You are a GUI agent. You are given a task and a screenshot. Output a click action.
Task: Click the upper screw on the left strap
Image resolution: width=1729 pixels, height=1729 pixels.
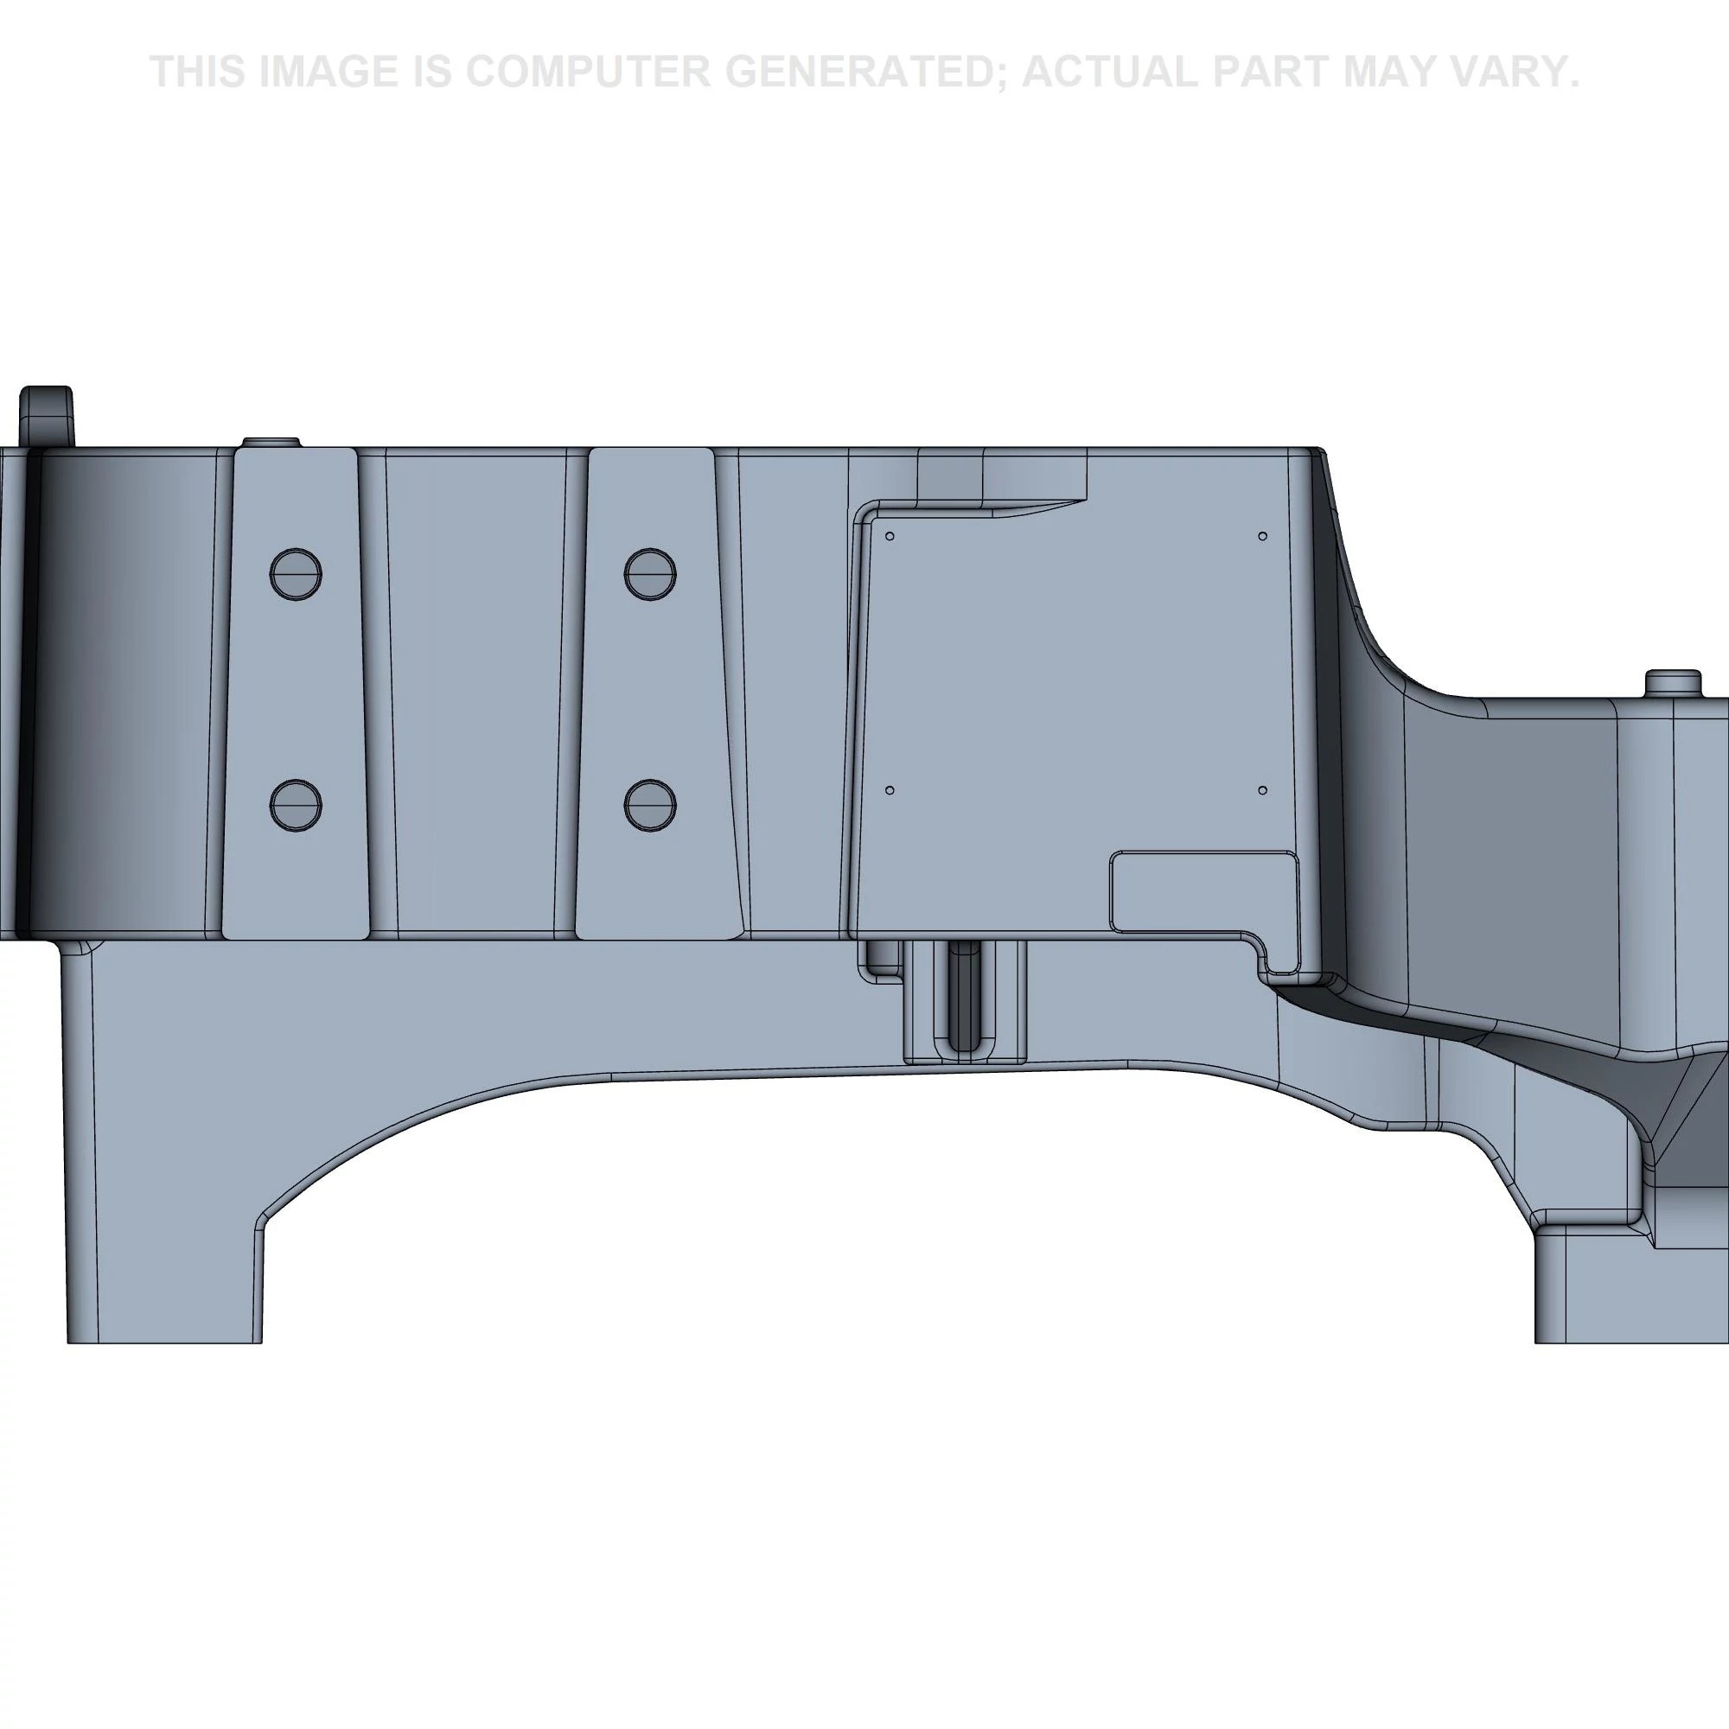pyautogui.click(x=296, y=574)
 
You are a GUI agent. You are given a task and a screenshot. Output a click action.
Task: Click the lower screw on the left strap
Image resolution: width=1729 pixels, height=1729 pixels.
pyautogui.click(x=296, y=805)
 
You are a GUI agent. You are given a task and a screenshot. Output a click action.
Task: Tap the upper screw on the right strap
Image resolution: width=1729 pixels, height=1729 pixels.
pyautogui.click(x=650, y=574)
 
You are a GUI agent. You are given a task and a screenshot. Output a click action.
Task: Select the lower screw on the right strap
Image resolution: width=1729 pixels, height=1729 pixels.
pyautogui.click(x=650, y=805)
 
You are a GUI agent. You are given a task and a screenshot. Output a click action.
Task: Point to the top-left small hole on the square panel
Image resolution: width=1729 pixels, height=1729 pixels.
pyautogui.click(x=890, y=536)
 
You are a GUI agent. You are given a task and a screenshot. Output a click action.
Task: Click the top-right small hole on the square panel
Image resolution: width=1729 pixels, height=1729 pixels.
pyautogui.click(x=1263, y=536)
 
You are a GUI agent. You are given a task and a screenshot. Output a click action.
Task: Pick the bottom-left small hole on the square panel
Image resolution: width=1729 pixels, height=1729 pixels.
pyautogui.click(x=890, y=790)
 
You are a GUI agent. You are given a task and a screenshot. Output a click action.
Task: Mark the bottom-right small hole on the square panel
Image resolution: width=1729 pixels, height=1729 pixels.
pyautogui.click(x=1263, y=790)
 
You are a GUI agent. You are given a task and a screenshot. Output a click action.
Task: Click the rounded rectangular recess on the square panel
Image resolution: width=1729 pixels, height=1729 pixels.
pyautogui.click(x=1203, y=890)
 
